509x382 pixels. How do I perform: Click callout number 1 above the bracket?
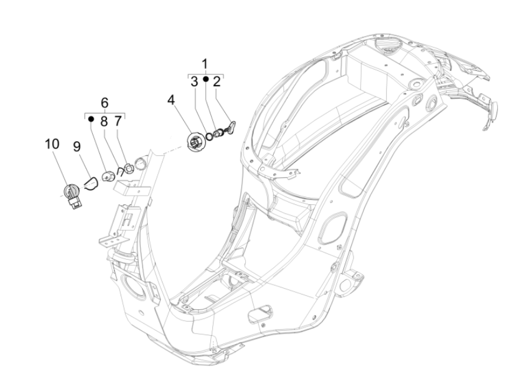tap(205, 64)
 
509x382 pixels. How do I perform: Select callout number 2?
tap(217, 81)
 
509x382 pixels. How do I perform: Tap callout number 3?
tap(194, 81)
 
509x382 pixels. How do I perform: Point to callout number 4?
tap(171, 100)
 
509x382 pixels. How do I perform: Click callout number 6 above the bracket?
tap(105, 102)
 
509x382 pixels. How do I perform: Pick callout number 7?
tap(117, 120)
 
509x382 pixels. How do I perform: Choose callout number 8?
tap(103, 120)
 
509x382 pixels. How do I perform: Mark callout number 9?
tap(76, 145)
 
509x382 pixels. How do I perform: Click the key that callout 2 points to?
tap(232, 126)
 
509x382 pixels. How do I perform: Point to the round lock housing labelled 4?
tap(195, 142)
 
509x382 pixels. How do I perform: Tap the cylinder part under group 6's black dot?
tap(108, 177)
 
